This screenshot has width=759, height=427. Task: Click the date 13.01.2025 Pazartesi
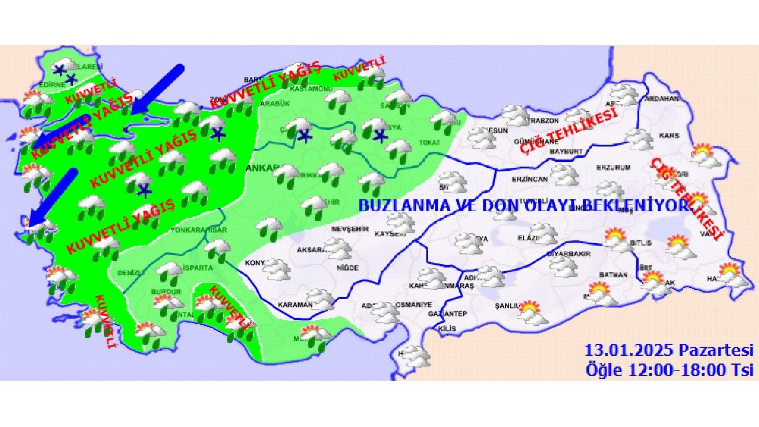(x=669, y=350)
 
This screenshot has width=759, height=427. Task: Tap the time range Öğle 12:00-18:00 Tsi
(x=669, y=369)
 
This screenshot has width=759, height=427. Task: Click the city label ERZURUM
(x=613, y=168)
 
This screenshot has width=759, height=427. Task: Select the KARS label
(x=669, y=136)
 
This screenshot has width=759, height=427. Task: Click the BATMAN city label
(x=613, y=275)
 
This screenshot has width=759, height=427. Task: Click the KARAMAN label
(x=295, y=305)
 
